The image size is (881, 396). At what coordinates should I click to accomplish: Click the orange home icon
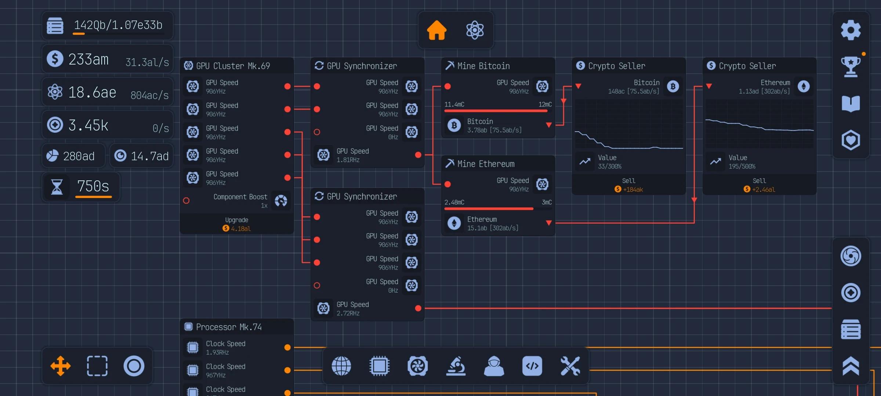click(436, 30)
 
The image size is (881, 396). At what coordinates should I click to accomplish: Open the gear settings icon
click(851, 30)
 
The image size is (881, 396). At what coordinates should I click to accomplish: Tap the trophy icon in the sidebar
click(851, 66)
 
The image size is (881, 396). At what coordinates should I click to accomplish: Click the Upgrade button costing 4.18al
click(237, 224)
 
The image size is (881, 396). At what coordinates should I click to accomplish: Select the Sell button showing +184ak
click(628, 185)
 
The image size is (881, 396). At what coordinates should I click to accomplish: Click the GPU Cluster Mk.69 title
click(233, 66)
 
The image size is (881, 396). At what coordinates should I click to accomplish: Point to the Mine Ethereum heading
click(486, 164)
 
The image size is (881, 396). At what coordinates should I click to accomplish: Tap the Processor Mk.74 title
click(229, 327)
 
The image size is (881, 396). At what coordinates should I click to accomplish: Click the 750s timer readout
click(93, 186)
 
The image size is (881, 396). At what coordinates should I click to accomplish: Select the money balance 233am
click(88, 59)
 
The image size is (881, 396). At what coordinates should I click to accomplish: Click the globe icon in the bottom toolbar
click(341, 366)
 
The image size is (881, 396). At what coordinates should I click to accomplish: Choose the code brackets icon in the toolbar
click(532, 366)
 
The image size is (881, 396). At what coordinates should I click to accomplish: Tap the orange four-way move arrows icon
click(61, 366)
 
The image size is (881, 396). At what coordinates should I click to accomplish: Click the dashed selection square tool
click(97, 366)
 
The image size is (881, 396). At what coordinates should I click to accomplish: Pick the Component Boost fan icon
click(281, 201)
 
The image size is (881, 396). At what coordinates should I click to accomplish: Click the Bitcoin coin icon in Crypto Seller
click(673, 87)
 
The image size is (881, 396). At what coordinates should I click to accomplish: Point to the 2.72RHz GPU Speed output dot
click(418, 308)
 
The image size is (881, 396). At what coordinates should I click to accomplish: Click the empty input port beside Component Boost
click(186, 201)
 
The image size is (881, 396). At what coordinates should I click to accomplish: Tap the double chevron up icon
click(851, 366)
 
